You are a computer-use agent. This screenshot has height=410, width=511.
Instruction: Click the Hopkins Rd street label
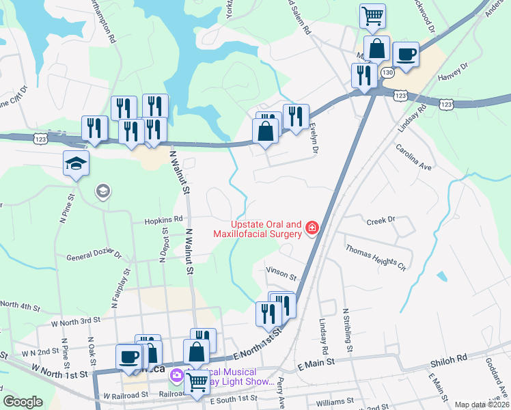coord(163,220)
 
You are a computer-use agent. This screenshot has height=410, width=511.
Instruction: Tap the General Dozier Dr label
coord(94,257)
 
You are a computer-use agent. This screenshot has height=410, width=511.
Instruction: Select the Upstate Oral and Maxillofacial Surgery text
coord(266,229)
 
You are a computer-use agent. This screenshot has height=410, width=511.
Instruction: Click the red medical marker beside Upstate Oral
coord(312,227)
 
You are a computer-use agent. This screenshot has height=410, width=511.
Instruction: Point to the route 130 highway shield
coord(387,72)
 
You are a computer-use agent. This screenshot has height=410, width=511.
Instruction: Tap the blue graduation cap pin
coord(76,163)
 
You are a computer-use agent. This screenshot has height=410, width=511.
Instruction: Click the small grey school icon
coord(102,191)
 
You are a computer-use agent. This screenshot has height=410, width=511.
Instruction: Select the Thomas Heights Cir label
coord(375,258)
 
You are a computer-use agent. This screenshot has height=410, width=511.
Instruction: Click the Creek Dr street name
coord(381,221)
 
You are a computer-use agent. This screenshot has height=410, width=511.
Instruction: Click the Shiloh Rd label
coord(448,358)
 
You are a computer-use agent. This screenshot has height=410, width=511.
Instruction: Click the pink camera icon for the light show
coord(178,375)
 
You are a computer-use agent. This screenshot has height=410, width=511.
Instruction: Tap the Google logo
coord(23,402)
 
